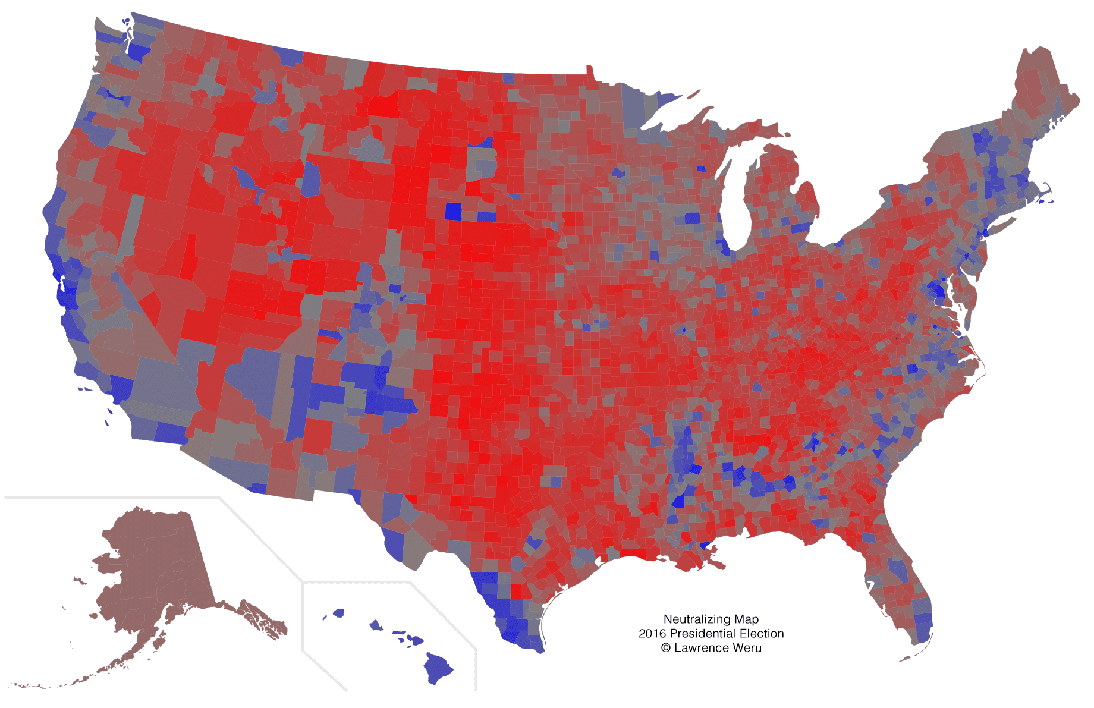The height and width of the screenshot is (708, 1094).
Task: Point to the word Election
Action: point(762,634)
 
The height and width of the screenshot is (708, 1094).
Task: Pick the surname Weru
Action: point(748,648)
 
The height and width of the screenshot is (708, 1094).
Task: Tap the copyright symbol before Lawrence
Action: point(666,648)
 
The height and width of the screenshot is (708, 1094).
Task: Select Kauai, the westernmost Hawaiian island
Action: point(338,612)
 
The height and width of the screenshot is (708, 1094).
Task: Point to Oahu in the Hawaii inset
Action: point(376,625)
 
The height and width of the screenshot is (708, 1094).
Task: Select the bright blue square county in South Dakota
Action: point(454,211)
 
